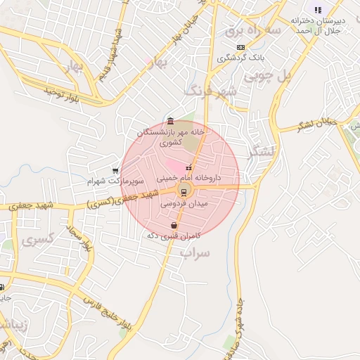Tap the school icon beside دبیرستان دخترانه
(x=318, y=10)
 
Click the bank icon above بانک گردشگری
(x=241, y=47)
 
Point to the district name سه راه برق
(x=253, y=31)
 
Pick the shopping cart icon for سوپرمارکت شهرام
(x=115, y=170)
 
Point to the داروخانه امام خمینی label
(x=189, y=178)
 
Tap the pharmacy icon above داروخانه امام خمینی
(x=188, y=167)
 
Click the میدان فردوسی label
(x=184, y=203)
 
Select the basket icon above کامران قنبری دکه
(x=174, y=225)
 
